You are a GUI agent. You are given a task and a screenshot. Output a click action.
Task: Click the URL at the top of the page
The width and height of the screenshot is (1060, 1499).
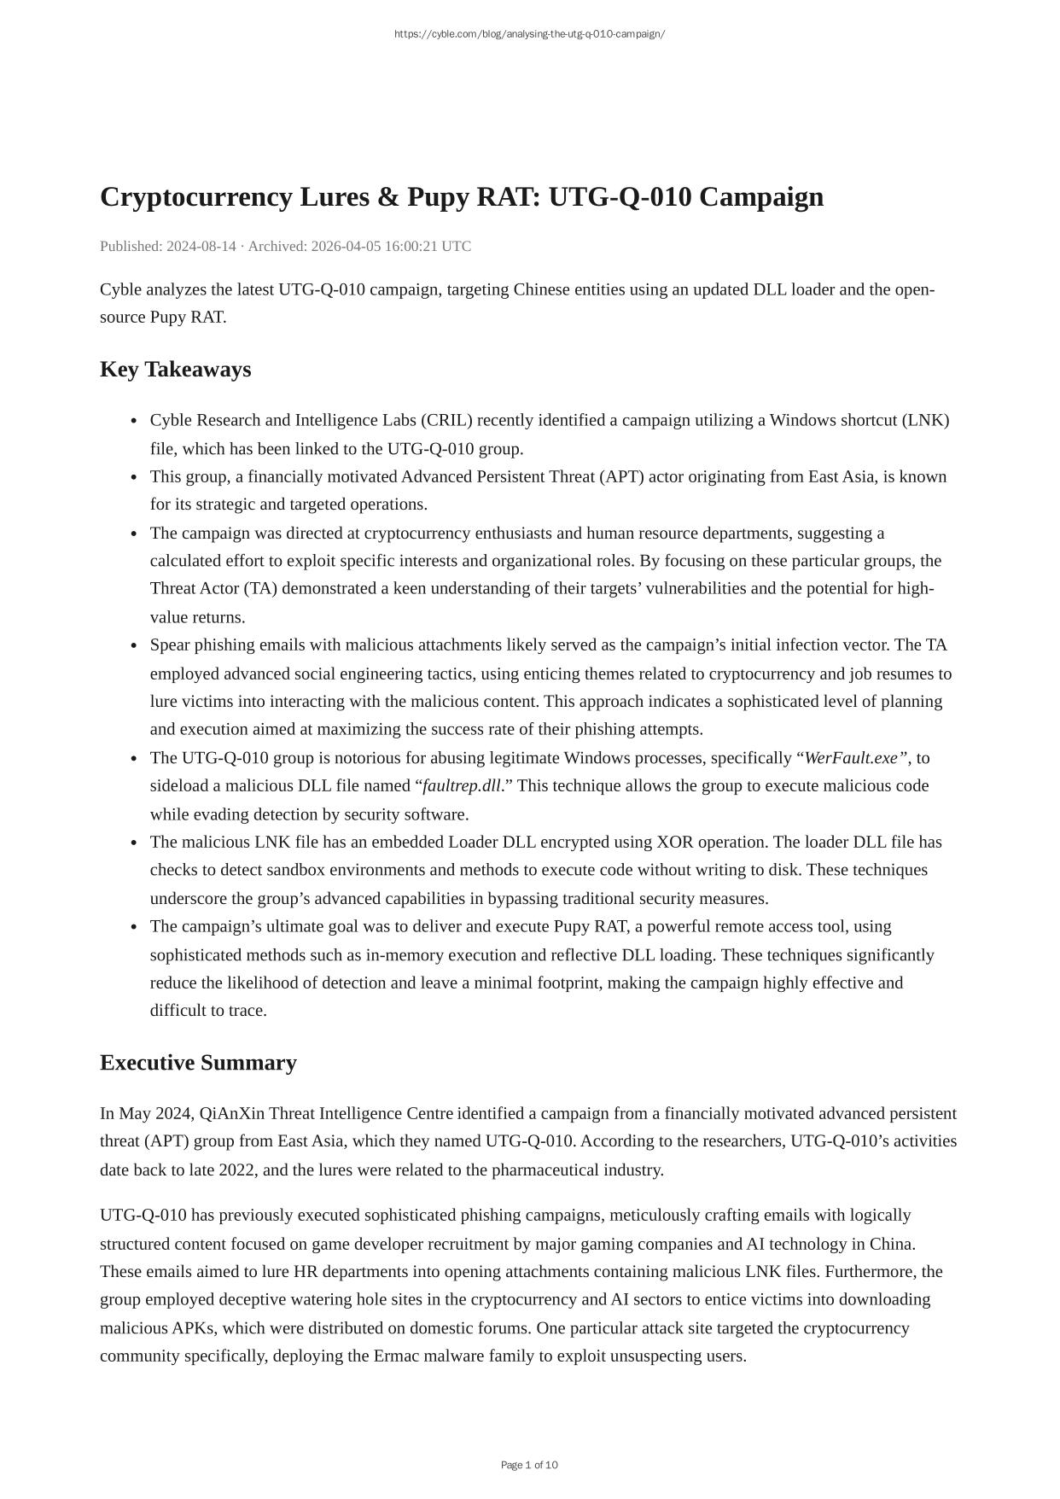click(x=529, y=34)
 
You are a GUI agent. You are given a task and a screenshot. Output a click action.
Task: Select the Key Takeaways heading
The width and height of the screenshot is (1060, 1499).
click(x=175, y=370)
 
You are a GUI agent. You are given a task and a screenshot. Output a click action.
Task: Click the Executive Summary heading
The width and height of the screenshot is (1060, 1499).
click(x=198, y=1063)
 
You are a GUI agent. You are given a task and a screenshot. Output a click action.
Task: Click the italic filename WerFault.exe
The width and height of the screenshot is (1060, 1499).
click(x=852, y=758)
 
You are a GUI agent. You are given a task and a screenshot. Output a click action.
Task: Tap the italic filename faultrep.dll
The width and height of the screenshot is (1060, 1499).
click(x=462, y=786)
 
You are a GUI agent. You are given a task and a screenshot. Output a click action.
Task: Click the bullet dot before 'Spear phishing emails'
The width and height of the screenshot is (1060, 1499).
click(x=134, y=646)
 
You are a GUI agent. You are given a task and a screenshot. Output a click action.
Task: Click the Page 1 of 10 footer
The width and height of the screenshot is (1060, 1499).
click(x=529, y=1465)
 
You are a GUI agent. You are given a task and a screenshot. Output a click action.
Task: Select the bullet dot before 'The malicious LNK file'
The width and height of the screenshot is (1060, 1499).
click(x=134, y=843)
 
